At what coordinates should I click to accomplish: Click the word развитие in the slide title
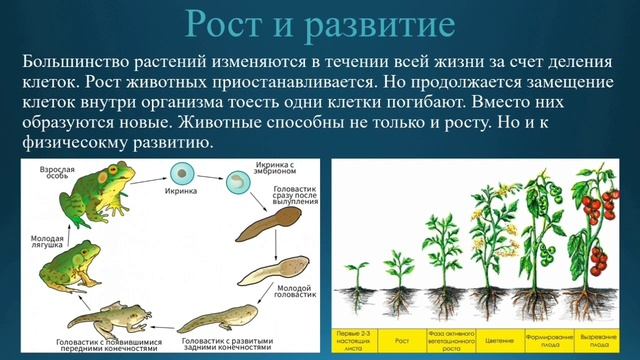371,26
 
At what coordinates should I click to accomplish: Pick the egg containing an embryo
241,182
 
